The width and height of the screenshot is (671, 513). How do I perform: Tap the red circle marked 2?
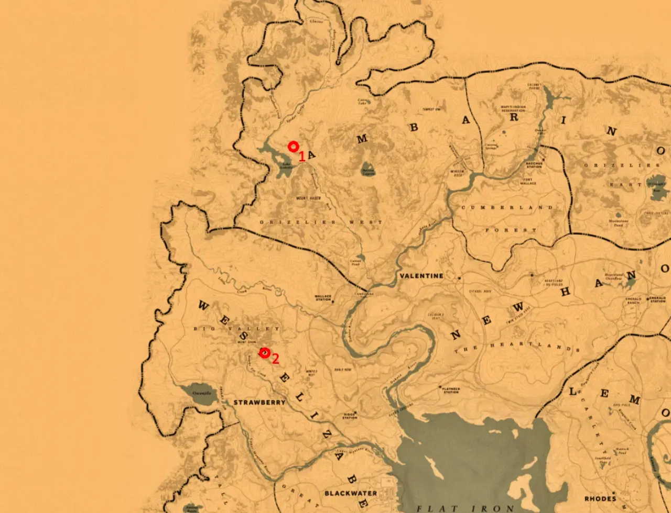[265, 353]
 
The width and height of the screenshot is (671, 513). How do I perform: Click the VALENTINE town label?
[421, 276]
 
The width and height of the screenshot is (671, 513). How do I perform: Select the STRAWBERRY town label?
[259, 403]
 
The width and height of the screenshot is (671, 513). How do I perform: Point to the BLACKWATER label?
[351, 493]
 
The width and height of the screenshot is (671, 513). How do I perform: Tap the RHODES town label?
[600, 498]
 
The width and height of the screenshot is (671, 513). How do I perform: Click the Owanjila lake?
[199, 394]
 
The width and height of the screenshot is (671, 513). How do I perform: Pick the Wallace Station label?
[323, 298]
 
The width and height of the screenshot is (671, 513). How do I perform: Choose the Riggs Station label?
[350, 415]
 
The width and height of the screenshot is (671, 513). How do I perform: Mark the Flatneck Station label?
[451, 391]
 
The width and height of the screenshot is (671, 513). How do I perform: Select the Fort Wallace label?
[528, 182]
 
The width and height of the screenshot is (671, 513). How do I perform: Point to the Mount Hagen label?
[308, 198]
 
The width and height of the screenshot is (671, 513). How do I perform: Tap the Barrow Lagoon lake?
[368, 169]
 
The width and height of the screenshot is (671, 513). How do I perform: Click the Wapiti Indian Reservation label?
[513, 109]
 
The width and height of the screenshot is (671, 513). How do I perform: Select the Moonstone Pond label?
[619, 223]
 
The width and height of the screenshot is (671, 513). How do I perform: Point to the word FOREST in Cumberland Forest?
[503, 230]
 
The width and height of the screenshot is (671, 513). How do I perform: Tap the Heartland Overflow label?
[614, 276]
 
